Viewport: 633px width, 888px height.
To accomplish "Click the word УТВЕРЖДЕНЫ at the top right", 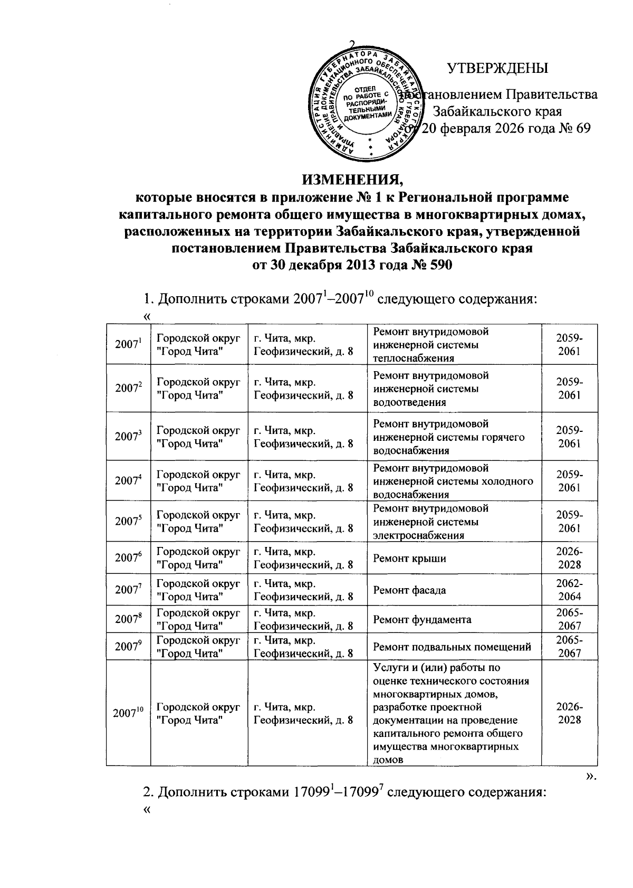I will (x=497, y=69).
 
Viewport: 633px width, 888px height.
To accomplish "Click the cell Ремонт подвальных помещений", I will (x=452, y=647).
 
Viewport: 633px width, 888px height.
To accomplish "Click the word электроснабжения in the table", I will (x=418, y=535).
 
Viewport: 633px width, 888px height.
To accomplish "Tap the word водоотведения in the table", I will (x=409, y=402).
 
